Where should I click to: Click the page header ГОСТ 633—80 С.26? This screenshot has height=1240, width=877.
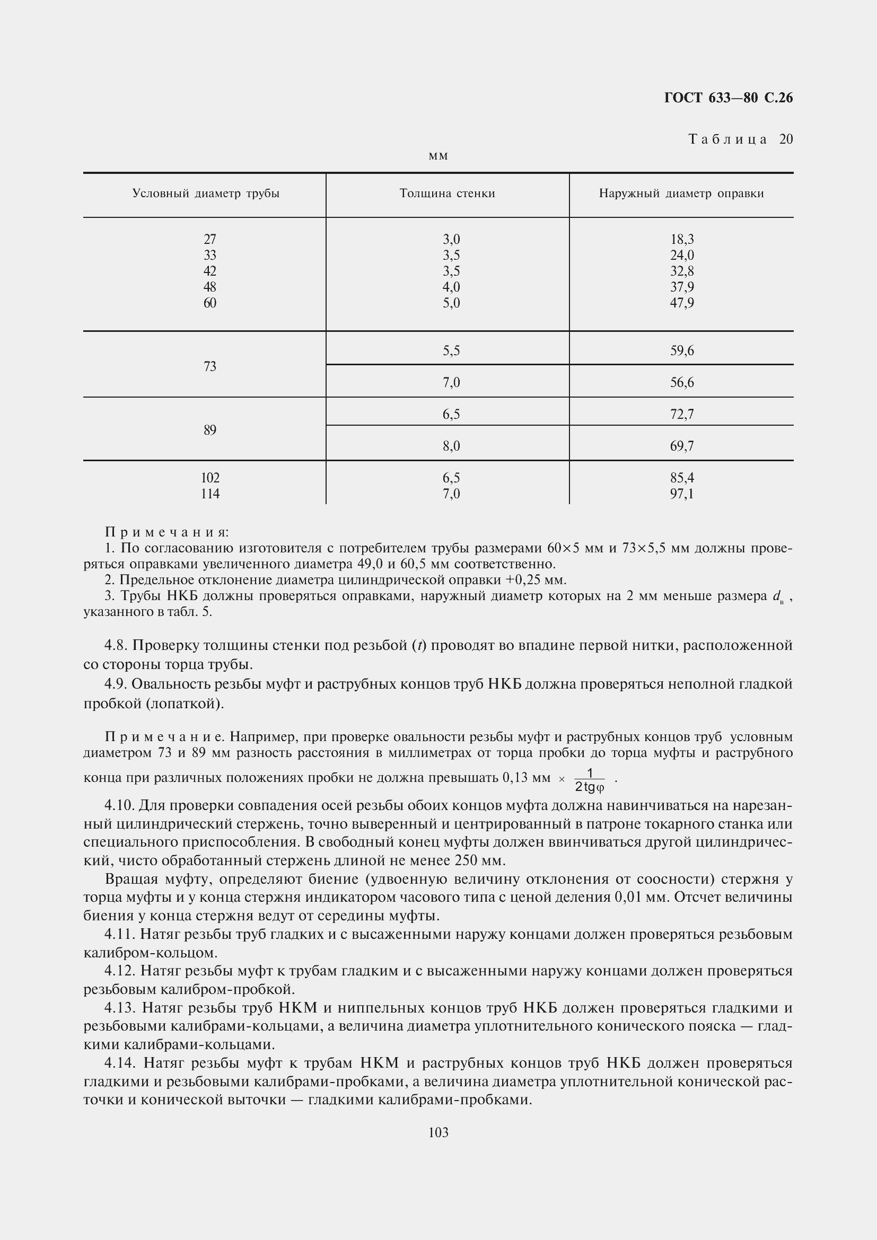728,98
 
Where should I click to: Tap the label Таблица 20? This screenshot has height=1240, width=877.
740,139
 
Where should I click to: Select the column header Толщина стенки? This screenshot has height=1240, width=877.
447,194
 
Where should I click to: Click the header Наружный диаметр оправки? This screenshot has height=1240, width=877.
681,194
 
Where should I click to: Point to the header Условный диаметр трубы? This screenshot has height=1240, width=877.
206,194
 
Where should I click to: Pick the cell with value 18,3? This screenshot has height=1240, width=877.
682,239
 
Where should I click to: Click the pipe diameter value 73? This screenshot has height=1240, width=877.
210,367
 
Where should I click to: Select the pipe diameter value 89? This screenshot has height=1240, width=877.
210,430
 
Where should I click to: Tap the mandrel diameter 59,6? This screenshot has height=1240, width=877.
682,351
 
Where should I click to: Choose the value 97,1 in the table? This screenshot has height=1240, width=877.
682,494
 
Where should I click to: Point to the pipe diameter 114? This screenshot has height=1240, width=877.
210,494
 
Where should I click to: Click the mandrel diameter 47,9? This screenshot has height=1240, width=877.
682,303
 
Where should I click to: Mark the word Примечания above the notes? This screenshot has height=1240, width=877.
168,532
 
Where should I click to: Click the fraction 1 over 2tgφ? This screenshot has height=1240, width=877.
589,780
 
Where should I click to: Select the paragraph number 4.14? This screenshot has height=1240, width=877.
120,1063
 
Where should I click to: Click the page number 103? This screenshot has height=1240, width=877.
438,1132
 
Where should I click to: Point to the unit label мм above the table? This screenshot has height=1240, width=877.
438,156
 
